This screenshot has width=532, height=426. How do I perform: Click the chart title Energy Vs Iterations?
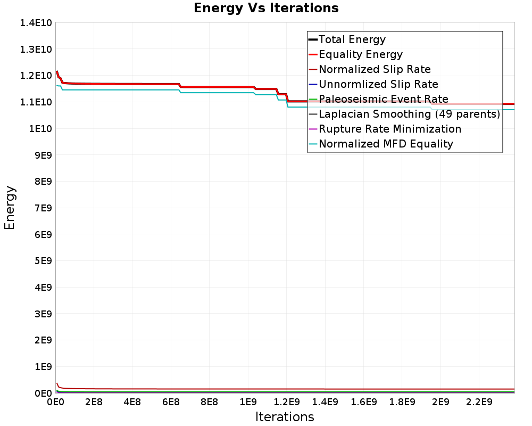(x=266, y=8)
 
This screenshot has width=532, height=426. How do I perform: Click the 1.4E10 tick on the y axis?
(x=36, y=23)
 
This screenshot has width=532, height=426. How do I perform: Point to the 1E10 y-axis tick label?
(x=40, y=128)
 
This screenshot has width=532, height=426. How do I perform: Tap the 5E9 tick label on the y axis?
(x=43, y=260)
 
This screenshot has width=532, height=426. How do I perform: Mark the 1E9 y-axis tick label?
(x=43, y=366)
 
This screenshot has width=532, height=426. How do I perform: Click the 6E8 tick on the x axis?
(x=171, y=402)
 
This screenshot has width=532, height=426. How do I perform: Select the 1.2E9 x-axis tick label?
(x=286, y=402)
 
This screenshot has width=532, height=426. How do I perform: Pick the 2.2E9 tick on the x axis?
(x=479, y=402)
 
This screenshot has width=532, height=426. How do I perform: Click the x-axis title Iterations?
(x=285, y=417)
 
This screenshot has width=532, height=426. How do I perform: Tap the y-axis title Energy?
(x=10, y=208)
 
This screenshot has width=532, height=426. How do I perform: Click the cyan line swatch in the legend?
(x=313, y=144)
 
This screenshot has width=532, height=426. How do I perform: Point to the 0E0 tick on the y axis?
(x=43, y=393)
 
